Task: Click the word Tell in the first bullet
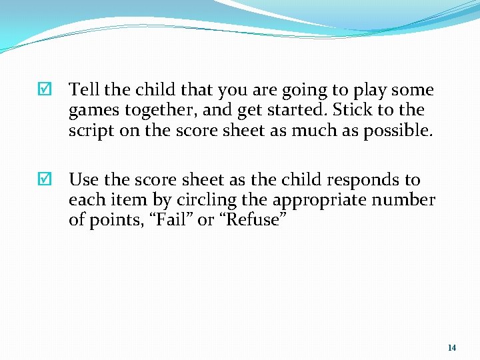pos(83,89)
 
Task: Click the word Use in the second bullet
pos(83,179)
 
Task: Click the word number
pos(405,200)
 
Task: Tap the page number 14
pos(452,347)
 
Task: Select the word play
pos(365,90)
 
